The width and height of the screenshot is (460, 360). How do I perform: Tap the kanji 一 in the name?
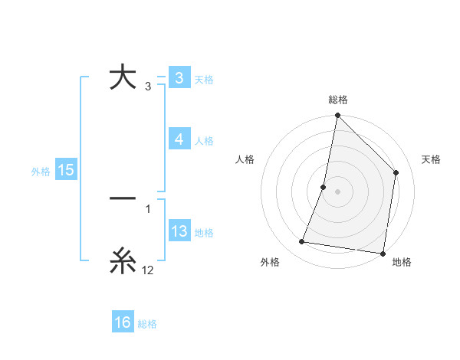coord(123,198)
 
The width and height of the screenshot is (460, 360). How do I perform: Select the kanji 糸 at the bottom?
coord(123,261)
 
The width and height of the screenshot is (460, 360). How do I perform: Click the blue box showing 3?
coord(179,78)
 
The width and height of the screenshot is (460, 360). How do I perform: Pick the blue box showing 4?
coord(179,139)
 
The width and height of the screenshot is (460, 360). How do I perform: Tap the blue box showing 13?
coord(179,231)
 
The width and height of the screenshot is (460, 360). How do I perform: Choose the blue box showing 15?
coord(66,170)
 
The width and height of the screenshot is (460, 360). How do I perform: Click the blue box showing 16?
coord(123,322)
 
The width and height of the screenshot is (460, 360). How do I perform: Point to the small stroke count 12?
coord(148,270)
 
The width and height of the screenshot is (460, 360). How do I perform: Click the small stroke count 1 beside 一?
coord(148,208)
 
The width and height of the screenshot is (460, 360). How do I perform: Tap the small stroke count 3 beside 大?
coord(148,87)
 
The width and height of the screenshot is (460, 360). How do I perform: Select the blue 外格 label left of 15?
coord(41,172)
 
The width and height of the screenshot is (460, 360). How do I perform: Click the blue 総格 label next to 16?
coord(148,324)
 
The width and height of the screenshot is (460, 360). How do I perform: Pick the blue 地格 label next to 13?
coord(204,233)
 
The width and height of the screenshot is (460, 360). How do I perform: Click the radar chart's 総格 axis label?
coord(338,100)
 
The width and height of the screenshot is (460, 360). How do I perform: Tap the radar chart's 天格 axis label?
coord(431,159)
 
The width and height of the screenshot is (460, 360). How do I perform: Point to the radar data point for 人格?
coord(324,187)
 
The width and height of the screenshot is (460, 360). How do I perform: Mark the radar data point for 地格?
coord(383,254)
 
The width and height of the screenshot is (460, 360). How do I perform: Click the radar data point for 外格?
coord(302,242)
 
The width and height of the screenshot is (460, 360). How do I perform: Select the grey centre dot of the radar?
coord(337,191)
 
